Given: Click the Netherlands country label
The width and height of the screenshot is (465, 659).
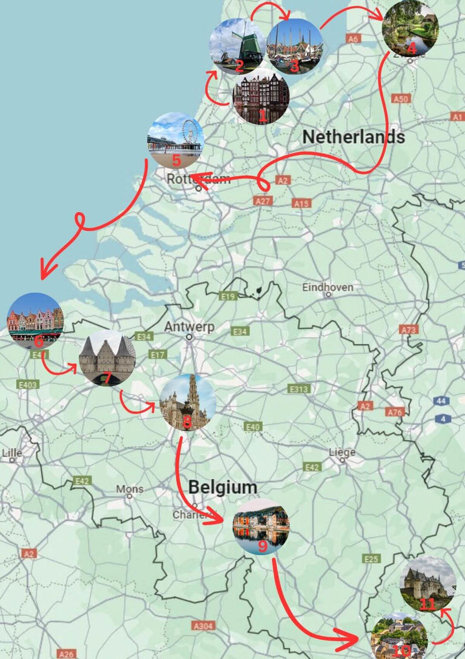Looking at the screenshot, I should pyautogui.click(x=354, y=137).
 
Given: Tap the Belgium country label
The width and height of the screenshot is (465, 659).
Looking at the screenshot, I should pyautogui.click(x=222, y=487).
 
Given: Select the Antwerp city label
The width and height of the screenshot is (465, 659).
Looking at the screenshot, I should pyautogui.click(x=190, y=327).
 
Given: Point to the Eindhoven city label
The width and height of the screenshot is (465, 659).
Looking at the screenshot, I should pyautogui.click(x=328, y=287).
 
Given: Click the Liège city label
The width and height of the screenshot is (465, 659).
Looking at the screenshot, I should pyautogui.click(x=342, y=452).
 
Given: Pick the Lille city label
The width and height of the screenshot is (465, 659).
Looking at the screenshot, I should pyautogui.click(x=12, y=452).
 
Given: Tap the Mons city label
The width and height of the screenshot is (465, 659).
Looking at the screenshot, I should pyautogui.click(x=130, y=489).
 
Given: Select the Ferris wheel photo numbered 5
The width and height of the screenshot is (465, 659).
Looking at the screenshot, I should pyautogui.click(x=176, y=141).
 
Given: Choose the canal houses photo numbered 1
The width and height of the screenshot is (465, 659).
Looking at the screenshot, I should pyautogui.click(x=261, y=97).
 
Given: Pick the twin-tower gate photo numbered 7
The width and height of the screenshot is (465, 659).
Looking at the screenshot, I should pyautogui.click(x=107, y=358).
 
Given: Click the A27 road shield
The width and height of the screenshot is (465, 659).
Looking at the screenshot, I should pyautogui.click(x=263, y=200).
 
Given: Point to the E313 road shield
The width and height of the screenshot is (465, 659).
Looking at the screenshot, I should pyautogui.click(x=299, y=389).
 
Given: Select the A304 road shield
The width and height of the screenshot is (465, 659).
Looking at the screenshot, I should pyautogui.click(x=203, y=626).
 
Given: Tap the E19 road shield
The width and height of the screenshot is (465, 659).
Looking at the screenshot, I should pyautogui.click(x=228, y=296).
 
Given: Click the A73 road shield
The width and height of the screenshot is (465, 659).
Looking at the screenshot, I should pyautogui.click(x=409, y=329).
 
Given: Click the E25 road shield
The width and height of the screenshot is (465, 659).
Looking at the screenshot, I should pyautogui.click(x=372, y=558).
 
